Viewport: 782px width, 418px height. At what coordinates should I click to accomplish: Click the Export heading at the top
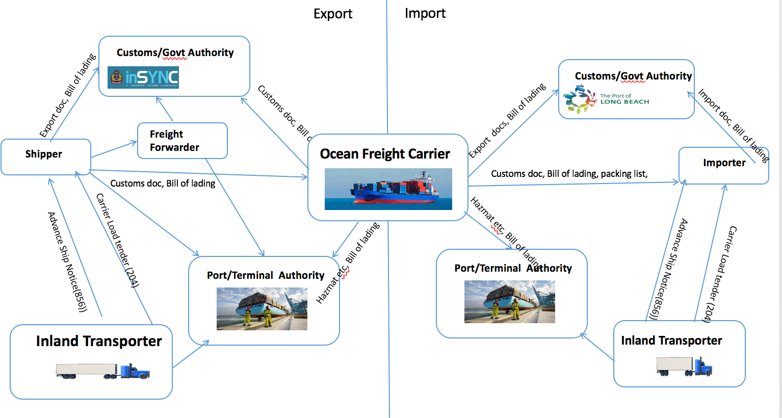click(332, 14)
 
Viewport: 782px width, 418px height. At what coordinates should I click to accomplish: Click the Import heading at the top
click(425, 13)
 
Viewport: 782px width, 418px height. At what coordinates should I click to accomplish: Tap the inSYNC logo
click(143, 77)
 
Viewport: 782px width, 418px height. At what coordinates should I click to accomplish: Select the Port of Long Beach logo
click(607, 99)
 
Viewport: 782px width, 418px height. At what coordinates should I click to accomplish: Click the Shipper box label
click(44, 154)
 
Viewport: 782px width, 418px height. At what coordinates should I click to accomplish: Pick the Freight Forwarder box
click(182, 141)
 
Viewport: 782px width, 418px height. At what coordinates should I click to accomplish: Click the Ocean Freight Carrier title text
click(385, 154)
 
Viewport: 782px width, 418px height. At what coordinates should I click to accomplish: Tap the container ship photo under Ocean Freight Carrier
click(388, 189)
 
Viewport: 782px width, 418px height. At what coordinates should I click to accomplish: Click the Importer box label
click(724, 163)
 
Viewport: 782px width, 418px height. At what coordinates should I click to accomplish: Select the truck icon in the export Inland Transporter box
click(102, 371)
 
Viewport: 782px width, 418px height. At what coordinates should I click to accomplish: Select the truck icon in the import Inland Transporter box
click(684, 366)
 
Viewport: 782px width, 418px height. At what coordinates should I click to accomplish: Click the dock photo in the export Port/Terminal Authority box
click(262, 308)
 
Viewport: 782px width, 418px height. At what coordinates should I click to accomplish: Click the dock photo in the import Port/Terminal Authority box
click(509, 302)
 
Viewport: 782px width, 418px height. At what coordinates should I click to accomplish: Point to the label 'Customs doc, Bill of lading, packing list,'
click(569, 174)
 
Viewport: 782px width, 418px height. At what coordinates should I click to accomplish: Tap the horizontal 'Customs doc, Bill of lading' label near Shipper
click(163, 184)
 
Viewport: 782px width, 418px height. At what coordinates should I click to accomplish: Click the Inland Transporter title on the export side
click(98, 341)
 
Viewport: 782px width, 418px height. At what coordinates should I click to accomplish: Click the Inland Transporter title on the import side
click(671, 341)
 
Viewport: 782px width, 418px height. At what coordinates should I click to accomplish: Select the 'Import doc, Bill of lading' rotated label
click(733, 125)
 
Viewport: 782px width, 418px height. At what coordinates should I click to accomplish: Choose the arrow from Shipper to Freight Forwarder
click(114, 149)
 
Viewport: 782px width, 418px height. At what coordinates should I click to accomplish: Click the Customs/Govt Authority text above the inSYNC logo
click(175, 53)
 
